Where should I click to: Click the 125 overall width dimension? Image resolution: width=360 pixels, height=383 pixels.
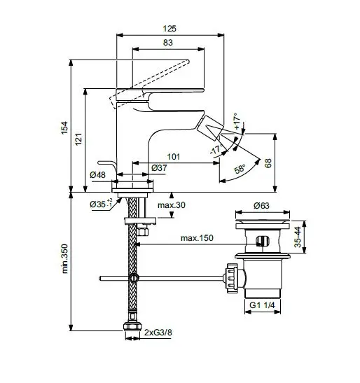169,29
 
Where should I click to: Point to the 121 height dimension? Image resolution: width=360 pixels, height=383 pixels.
78,139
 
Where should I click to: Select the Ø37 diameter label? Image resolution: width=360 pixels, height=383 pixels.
160,169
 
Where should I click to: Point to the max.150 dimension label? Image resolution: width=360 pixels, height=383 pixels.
196,238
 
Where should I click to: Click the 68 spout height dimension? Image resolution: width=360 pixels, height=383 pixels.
268,162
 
